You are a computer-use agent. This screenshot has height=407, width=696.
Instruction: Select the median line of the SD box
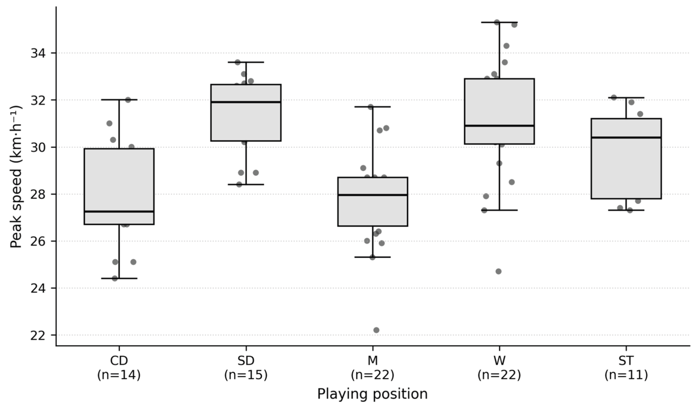click(246, 102)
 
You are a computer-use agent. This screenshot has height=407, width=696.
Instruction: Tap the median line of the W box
click(499, 126)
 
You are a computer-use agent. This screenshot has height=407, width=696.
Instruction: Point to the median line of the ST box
click(626, 137)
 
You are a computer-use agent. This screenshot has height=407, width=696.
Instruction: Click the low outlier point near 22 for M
click(376, 330)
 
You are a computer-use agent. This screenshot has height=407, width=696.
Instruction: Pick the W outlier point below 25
click(499, 271)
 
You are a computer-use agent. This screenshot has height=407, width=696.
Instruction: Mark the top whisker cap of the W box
click(499, 22)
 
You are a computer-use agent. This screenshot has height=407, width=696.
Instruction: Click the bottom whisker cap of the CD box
click(119, 278)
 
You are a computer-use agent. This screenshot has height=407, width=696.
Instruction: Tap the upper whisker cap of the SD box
click(246, 62)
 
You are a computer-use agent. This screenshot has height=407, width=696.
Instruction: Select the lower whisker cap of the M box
click(373, 257)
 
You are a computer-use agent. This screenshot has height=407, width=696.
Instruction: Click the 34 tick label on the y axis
click(38, 53)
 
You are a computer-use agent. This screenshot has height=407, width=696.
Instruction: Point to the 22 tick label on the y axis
click(38, 335)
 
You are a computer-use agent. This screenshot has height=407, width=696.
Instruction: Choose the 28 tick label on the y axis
click(38, 194)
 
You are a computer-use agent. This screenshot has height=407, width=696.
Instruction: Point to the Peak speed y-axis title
click(16, 177)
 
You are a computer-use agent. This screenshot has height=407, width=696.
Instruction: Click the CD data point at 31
click(109, 123)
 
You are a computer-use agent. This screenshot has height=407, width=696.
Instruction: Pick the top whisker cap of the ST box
click(626, 98)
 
